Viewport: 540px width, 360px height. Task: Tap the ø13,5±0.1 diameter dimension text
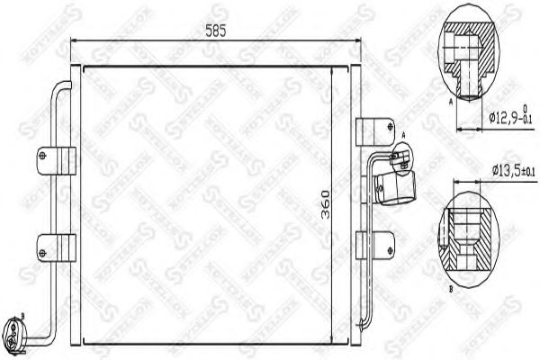[512, 170]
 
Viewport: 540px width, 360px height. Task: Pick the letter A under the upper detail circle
[448, 103]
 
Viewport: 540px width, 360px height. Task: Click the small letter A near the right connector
[404, 135]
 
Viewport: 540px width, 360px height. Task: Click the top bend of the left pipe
[60, 86]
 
